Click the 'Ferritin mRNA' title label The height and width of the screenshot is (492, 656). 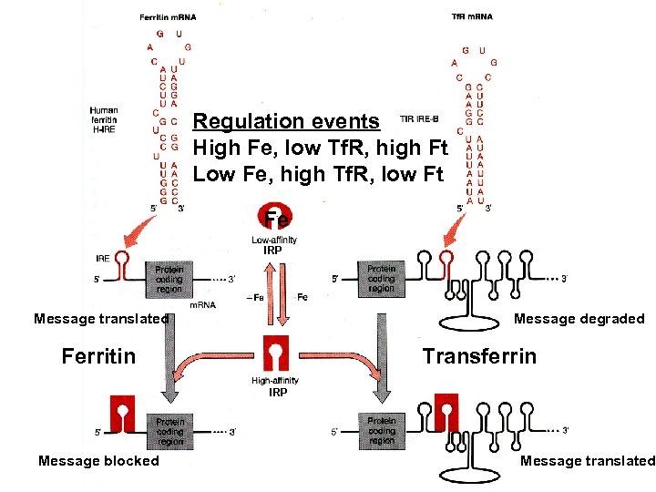(168, 17)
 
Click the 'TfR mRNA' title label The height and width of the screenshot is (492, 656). (471, 15)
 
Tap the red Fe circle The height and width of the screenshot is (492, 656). (276, 220)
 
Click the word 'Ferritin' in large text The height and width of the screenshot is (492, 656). (97, 354)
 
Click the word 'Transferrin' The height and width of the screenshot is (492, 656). (479, 354)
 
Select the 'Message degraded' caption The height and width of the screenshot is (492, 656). (579, 319)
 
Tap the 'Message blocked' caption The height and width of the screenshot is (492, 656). (98, 461)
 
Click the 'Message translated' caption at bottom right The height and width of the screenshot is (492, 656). (587, 461)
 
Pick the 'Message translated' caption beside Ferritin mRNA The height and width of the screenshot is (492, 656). (101, 319)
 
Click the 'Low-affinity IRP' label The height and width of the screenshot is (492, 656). (274, 244)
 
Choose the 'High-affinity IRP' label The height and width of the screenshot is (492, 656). (275, 386)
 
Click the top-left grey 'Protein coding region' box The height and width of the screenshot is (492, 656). (169, 279)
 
